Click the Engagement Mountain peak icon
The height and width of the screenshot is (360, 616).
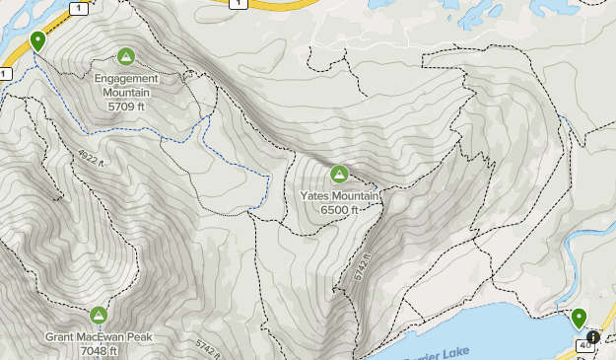pos(125,56)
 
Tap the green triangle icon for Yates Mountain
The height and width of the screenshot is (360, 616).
pos(339,175)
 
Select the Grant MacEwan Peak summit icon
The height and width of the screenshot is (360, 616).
pos(99,316)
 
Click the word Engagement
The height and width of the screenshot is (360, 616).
pos(127,79)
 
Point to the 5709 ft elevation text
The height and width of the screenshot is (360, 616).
pos(127,106)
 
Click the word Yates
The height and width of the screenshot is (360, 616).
pos(317,195)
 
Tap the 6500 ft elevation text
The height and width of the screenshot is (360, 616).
pos(339,209)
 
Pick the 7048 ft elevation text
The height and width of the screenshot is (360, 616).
pos(99,350)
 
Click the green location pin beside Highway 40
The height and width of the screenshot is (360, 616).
pos(579,318)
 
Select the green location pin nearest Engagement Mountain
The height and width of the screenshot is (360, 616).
pos(37,40)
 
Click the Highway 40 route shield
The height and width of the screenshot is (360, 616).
pos(585,345)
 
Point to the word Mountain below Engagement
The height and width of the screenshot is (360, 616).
pos(127,93)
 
